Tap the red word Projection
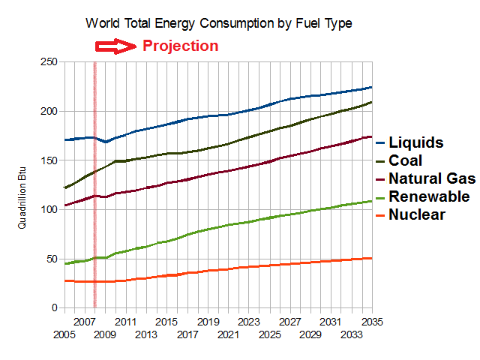coord(180,46)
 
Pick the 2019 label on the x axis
coord(208,321)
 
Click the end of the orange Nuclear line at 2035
coord(370,258)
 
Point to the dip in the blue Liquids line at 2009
coord(106,142)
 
